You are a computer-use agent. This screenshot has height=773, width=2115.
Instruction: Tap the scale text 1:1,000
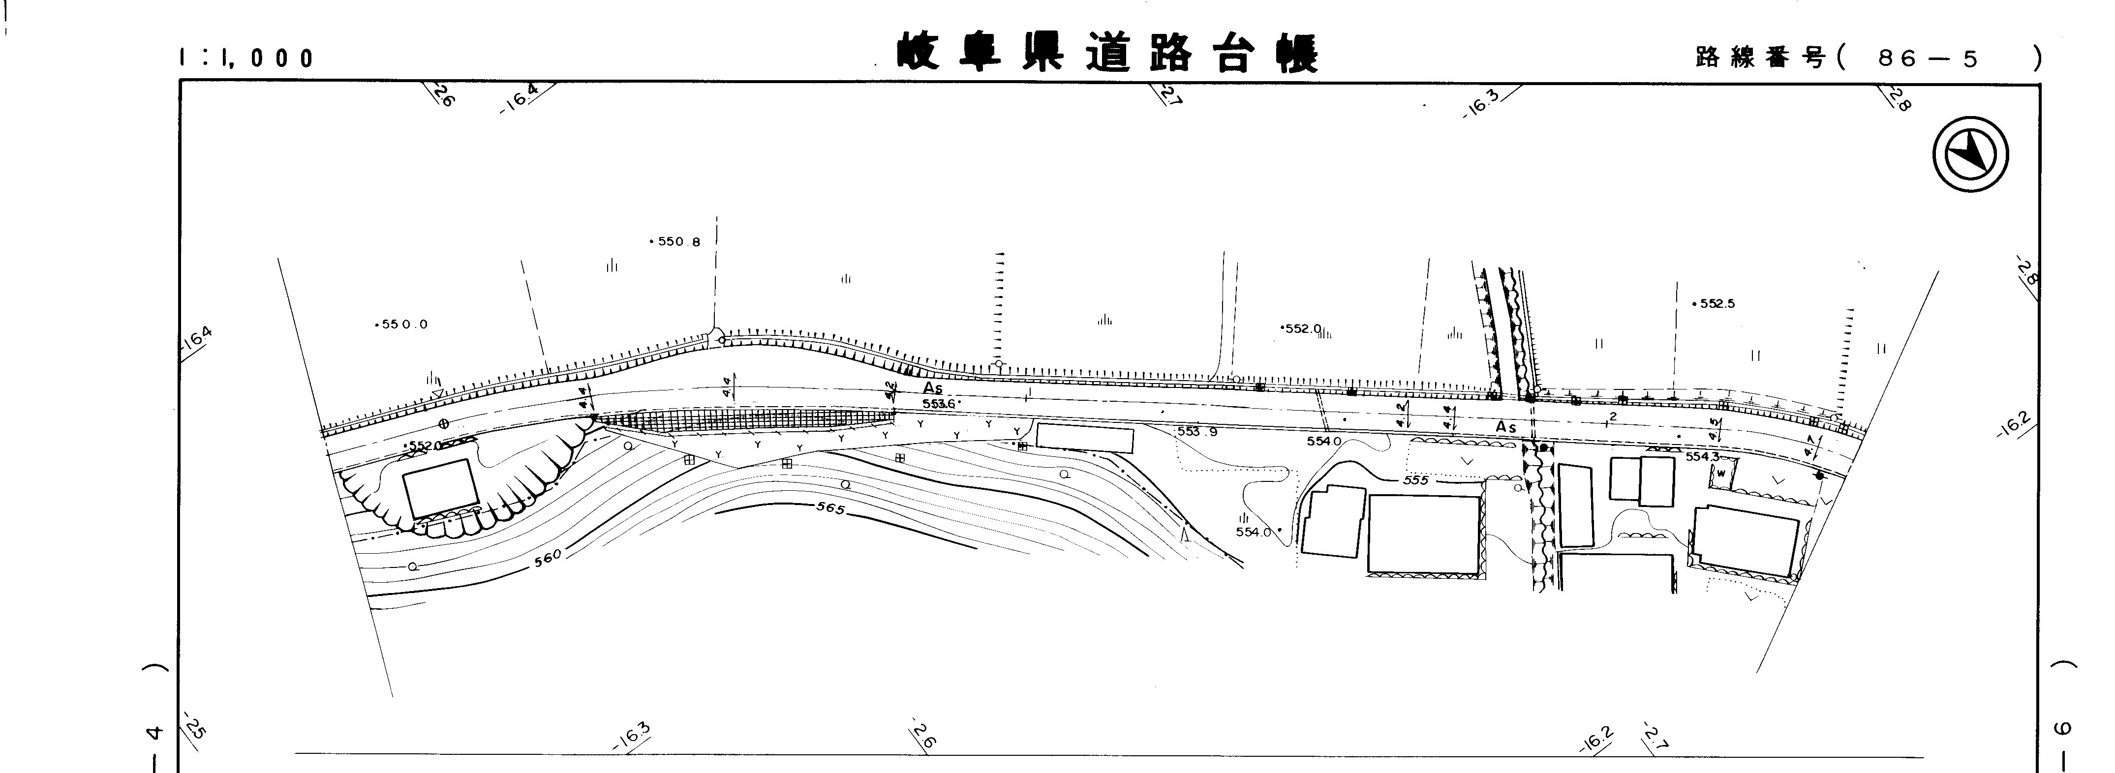pos(246,58)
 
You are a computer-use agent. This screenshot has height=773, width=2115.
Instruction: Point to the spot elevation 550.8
pos(678,242)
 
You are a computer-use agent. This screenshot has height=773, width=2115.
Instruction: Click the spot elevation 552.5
pos(1716,303)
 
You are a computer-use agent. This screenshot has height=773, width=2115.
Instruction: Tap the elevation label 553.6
pos(939,404)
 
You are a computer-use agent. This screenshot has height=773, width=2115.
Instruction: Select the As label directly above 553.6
pos(932,387)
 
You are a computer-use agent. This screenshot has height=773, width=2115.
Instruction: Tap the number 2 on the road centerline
pos(1613,417)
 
